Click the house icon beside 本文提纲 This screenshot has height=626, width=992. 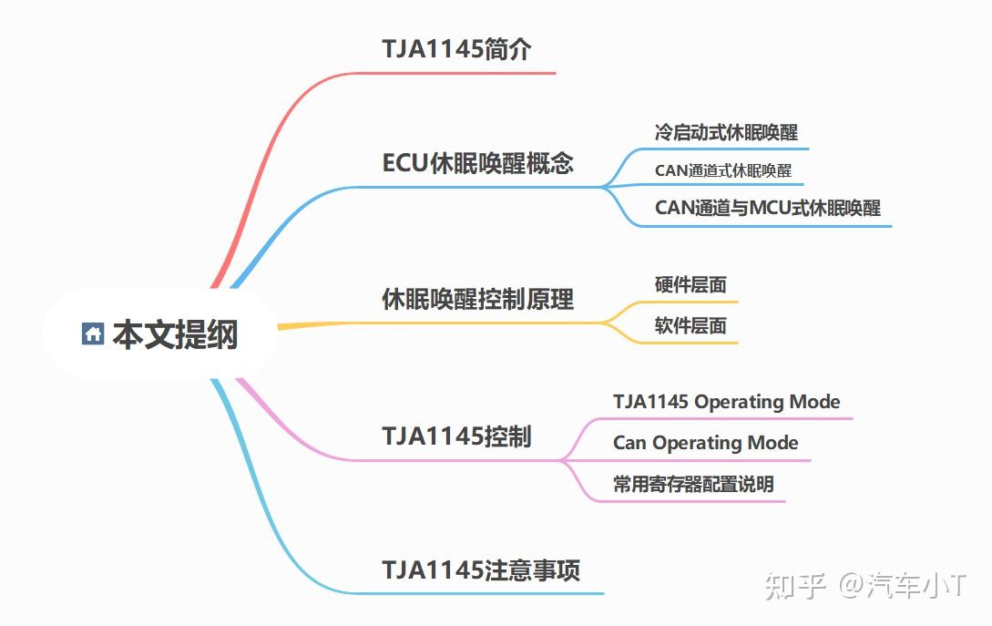click(92, 334)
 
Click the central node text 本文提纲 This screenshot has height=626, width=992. click(175, 334)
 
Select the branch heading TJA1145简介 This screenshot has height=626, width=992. click(456, 49)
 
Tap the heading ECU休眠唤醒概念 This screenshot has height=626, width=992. click(477, 163)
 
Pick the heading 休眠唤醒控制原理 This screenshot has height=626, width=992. click(477, 299)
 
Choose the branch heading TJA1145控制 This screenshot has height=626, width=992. click(456, 436)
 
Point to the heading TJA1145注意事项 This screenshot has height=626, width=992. click(481, 570)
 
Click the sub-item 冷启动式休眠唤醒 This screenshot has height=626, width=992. click(726, 132)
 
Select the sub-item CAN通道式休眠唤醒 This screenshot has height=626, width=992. click(722, 170)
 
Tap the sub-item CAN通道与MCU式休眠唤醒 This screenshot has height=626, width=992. click(767, 208)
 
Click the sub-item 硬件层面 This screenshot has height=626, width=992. click(690, 284)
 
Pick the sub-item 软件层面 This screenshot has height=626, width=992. click(690, 325)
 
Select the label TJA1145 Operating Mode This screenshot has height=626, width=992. click(726, 401)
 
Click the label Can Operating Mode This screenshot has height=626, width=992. click(705, 443)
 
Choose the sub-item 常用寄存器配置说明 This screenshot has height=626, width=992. click(693, 484)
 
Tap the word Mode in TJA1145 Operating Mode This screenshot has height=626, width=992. click(814, 401)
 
